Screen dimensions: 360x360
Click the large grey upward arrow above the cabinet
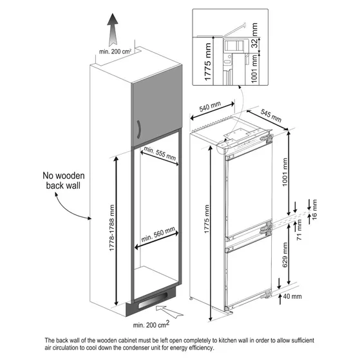tap(114, 26)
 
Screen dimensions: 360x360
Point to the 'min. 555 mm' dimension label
tap(159, 156)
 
